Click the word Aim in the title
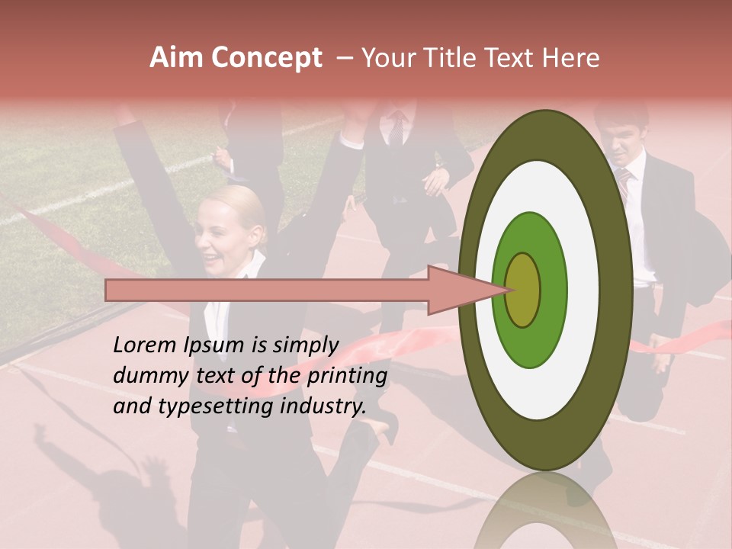pyautogui.click(x=177, y=58)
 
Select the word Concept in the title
pyautogui.click(x=266, y=58)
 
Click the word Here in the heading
pyautogui.click(x=571, y=58)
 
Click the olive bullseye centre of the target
pyautogui.click(x=522, y=291)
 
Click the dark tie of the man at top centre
pyautogui.click(x=397, y=130)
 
